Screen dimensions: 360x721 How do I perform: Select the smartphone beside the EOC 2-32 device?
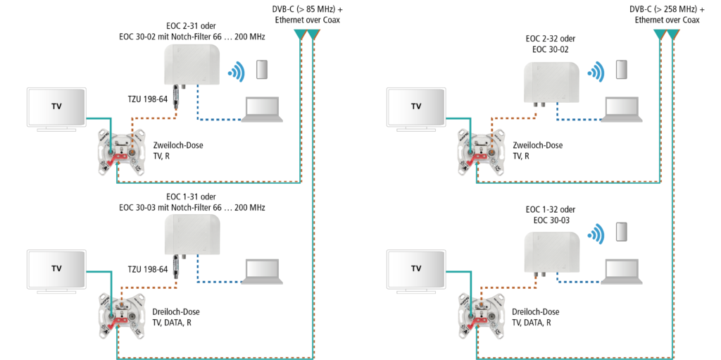(622, 69)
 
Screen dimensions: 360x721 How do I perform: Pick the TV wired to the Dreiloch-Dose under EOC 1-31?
(56, 269)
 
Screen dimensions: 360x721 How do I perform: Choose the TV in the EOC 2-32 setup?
(416, 108)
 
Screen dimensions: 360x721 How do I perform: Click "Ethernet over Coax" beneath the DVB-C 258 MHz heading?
(667, 20)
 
